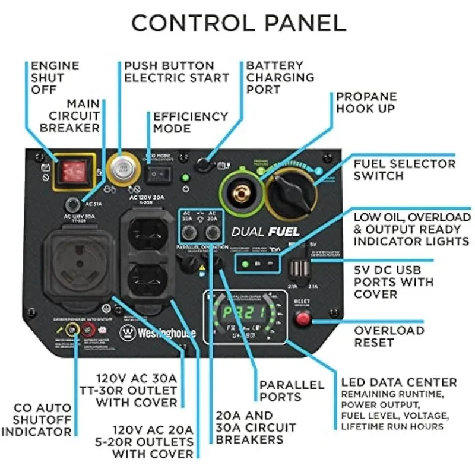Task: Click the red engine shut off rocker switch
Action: click(73, 171)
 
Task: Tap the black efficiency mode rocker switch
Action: click(159, 173)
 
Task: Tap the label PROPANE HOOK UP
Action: click(366, 103)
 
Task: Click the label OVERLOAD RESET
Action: click(389, 336)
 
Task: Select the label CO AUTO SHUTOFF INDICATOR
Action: click(36, 420)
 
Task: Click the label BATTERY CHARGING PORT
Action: click(280, 77)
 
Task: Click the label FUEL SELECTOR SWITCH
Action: click(404, 169)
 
